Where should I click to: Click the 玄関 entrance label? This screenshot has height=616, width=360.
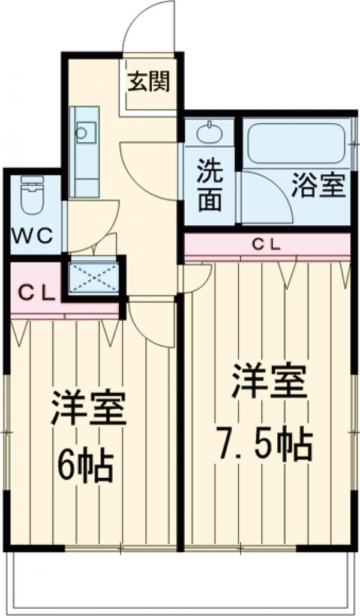tap(148, 82)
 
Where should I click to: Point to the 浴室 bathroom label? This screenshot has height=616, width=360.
tap(319, 187)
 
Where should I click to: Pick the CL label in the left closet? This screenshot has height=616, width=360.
tap(35, 292)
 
